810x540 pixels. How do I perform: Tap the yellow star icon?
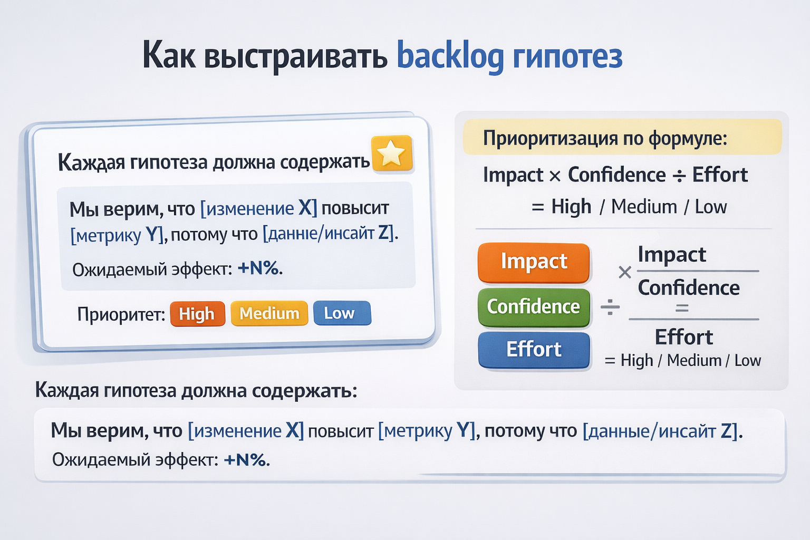point(392,153)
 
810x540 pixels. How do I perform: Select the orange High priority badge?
point(197,314)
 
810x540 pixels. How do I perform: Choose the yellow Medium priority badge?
point(269,313)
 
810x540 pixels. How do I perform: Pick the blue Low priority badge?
point(342,313)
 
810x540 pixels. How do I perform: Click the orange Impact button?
point(534,263)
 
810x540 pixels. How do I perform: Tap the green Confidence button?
point(534,307)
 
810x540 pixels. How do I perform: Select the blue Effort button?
point(534,350)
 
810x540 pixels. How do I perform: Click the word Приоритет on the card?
point(121,314)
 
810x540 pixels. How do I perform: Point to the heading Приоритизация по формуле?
point(605,138)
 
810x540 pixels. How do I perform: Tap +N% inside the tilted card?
point(259,268)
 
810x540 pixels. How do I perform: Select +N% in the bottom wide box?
point(247,460)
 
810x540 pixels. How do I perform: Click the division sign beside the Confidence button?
point(610,307)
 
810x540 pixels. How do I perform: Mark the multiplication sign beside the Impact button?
point(625,272)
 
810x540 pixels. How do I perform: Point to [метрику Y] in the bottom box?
point(427,431)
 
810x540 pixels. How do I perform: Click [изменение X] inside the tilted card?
point(259,209)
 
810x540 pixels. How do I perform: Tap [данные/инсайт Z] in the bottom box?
point(660,431)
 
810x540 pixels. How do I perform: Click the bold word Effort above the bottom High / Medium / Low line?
point(684,337)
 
